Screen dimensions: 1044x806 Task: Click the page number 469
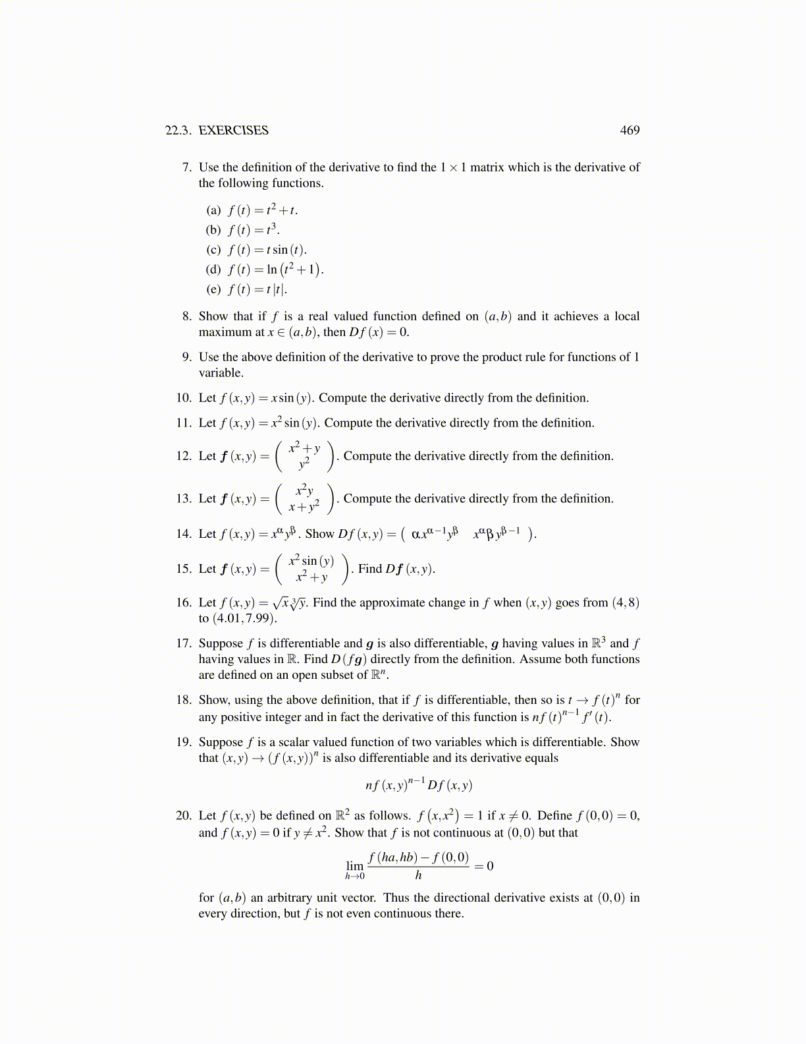[x=630, y=130]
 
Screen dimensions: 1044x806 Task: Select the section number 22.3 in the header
[x=178, y=130]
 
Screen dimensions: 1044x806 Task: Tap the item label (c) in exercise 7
[x=213, y=250]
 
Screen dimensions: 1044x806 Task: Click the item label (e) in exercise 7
[x=213, y=289]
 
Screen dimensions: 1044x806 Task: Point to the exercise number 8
[x=187, y=316]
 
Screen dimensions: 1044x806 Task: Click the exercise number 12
[x=184, y=456]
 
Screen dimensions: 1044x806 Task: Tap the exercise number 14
[x=184, y=534]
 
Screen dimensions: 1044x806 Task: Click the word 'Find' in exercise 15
[x=370, y=569]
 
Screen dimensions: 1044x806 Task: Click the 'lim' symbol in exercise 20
[x=354, y=866]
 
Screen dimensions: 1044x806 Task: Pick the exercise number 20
[x=184, y=816]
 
